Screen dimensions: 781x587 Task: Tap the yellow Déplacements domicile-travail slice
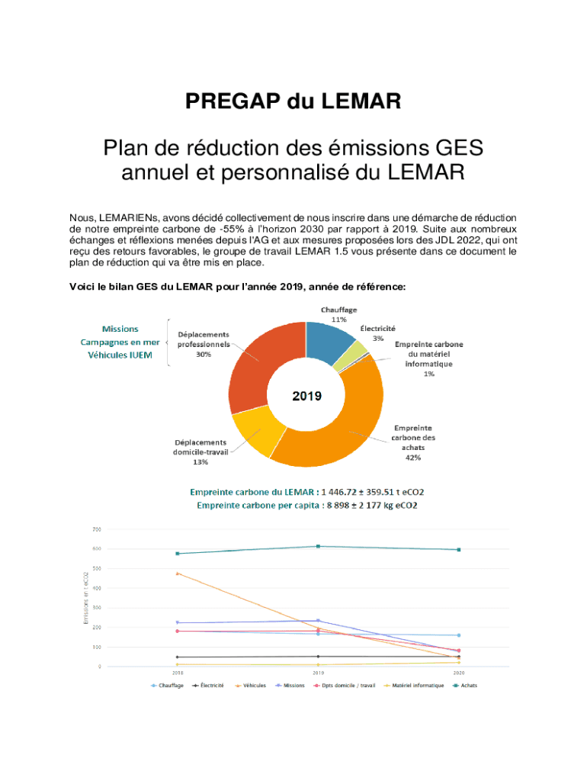click(x=255, y=430)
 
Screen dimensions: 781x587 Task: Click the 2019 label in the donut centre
click(x=307, y=397)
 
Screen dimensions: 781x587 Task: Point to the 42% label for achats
click(x=413, y=458)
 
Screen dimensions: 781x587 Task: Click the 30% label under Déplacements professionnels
click(x=204, y=355)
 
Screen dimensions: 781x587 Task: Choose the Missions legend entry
click(x=290, y=685)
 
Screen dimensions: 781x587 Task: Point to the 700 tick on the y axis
click(x=97, y=529)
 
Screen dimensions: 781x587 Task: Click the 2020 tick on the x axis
click(x=458, y=673)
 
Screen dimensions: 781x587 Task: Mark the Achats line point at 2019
click(x=318, y=546)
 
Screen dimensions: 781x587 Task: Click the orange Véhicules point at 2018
click(x=178, y=573)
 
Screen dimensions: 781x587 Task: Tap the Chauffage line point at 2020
click(x=458, y=635)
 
